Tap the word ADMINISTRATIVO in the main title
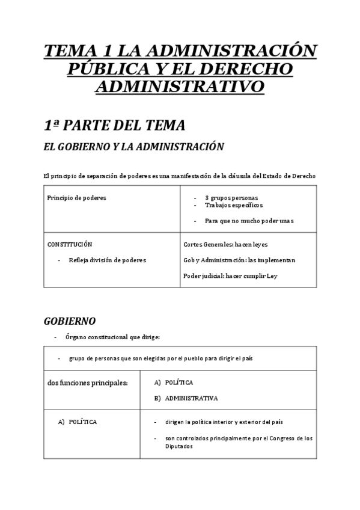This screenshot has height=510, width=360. tap(180, 87)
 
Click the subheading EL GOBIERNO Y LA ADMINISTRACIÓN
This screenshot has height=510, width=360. tap(134, 147)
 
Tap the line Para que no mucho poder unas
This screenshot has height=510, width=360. tap(249, 221)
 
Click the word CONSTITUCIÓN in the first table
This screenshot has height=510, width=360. tap(70, 245)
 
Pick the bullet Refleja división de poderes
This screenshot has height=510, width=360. tap(107, 260)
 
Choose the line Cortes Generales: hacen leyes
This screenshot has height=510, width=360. tap(225, 245)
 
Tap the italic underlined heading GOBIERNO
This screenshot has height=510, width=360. tap(70, 321)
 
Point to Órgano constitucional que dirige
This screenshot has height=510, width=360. tap(112, 337)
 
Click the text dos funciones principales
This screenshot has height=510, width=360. tap(88, 383)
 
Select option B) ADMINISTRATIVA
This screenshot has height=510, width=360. tap(191, 398)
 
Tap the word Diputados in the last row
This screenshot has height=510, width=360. tap(178, 446)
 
